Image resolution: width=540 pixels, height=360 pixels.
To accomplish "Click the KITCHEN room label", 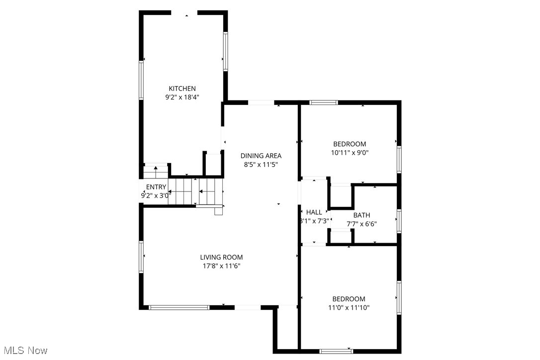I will [x=181, y=89].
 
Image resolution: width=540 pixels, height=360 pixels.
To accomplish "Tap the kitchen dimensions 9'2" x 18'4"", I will [x=181, y=98].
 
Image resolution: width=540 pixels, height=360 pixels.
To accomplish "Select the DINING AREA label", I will [x=261, y=156].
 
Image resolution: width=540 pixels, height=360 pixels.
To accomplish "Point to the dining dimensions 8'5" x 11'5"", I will [x=261, y=165].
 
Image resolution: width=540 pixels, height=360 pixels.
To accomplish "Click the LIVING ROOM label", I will [x=221, y=257].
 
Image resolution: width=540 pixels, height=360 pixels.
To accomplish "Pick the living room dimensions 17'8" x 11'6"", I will [x=221, y=266].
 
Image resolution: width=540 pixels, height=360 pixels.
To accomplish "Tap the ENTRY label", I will [x=156, y=187].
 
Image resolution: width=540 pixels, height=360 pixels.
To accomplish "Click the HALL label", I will [x=314, y=212].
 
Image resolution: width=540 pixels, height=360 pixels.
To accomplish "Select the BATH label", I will [x=361, y=215].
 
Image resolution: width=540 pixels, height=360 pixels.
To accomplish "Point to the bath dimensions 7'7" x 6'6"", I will [x=361, y=224].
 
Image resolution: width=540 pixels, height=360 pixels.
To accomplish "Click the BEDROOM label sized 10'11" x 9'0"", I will [x=349, y=144].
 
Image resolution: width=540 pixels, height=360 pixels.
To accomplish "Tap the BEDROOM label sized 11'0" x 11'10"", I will [x=349, y=299].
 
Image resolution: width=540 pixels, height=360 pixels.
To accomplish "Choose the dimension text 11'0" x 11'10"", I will [x=349, y=308].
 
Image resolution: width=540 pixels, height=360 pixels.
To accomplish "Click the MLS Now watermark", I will [x=24, y=351].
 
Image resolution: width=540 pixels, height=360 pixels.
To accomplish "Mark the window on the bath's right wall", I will [x=399, y=221].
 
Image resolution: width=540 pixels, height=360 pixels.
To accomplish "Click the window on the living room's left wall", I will [x=141, y=256].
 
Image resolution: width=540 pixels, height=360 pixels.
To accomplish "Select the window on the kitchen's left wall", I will [x=141, y=80].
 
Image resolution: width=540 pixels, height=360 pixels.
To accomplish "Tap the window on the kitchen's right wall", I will [x=225, y=51].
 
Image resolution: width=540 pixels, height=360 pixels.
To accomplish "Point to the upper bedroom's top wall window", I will [x=323, y=102].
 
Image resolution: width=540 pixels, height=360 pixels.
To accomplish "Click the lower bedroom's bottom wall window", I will [x=336, y=351].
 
